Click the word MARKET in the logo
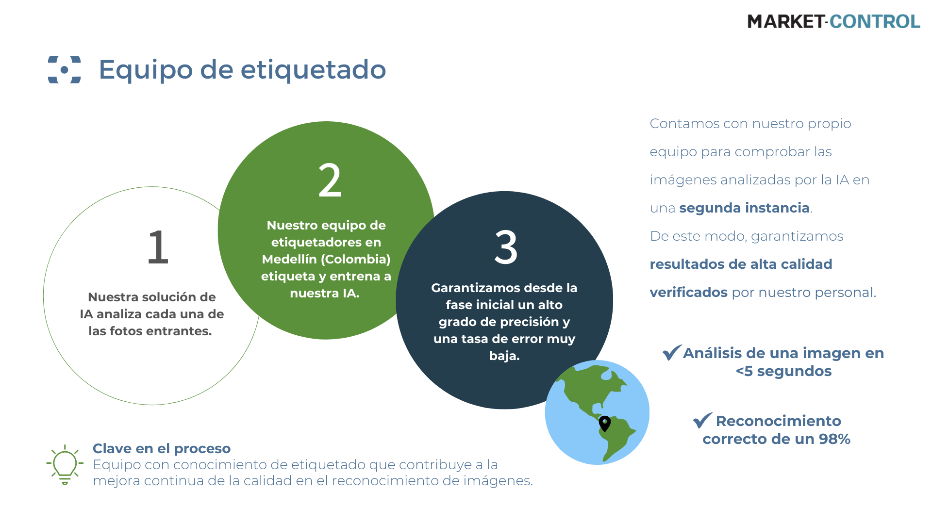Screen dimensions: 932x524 tap(785, 21)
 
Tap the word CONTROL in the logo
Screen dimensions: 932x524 tap(875, 21)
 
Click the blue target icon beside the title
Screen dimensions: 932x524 tap(65, 69)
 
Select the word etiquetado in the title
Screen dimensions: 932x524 tap(313, 69)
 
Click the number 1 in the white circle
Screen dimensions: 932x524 tap(158, 247)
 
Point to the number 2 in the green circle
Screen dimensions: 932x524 tap(330, 180)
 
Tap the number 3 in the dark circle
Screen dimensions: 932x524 tap(506, 247)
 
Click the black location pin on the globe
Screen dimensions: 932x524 tap(605, 423)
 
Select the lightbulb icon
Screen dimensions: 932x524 tap(65, 465)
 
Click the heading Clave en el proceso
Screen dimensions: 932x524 tap(162, 448)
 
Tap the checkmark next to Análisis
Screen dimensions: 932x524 tap(672, 352)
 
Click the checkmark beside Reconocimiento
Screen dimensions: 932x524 tap(702, 420)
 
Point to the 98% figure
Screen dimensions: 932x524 tap(834, 439)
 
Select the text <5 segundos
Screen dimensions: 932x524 tap(783, 371)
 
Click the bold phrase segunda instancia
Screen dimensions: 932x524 tap(745, 208)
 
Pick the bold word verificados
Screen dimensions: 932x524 tap(689, 292)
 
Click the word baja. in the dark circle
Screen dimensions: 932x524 tap(504, 356)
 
